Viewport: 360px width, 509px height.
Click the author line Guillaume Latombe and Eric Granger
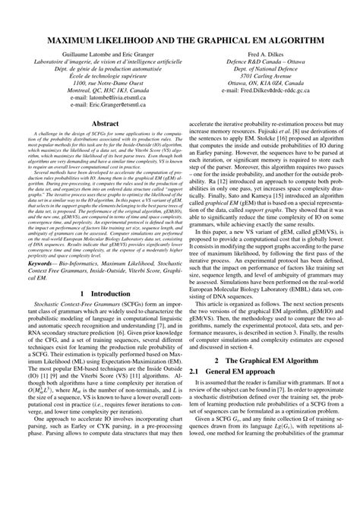coord(103,56)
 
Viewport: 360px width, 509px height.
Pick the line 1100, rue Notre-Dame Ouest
coord(103,90)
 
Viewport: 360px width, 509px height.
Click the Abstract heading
coord(103,143)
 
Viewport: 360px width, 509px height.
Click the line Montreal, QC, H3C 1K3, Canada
coord(103,99)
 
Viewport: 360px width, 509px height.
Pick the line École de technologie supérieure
coord(103,82)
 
